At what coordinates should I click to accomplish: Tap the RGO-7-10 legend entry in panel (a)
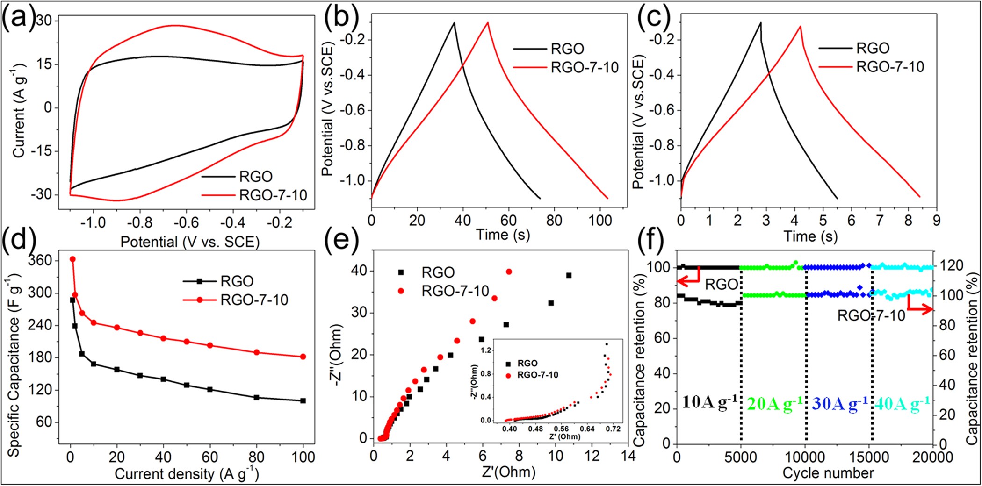[x=273, y=195]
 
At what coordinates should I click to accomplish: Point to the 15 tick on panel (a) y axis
[x=44, y=64]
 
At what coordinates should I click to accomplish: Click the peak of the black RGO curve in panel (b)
[x=454, y=22]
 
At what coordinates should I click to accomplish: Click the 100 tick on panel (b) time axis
[x=600, y=220]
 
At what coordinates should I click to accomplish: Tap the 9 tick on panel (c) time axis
[x=936, y=220]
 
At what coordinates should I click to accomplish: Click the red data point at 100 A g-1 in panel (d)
[x=303, y=357]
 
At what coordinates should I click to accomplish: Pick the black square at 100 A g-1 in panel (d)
[x=303, y=400]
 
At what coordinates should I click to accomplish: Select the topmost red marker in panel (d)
[x=72, y=259]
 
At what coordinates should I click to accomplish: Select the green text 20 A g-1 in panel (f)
[x=775, y=403]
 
